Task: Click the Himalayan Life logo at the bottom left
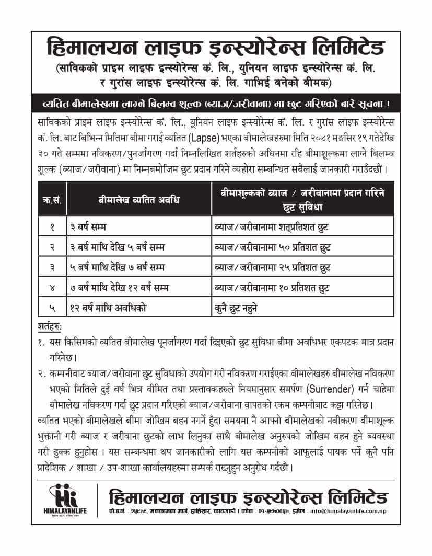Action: (x=63, y=499)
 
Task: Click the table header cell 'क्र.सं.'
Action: (x=52, y=200)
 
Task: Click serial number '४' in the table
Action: (x=52, y=288)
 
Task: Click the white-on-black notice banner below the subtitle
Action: (x=216, y=103)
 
